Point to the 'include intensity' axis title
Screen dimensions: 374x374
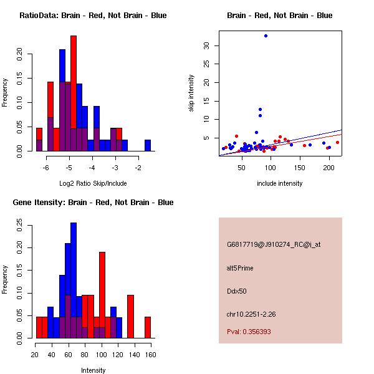(x=280, y=183)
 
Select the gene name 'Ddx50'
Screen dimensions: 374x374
(x=236, y=291)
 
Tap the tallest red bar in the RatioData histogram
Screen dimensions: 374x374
(x=74, y=93)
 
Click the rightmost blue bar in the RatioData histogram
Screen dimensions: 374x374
(x=148, y=145)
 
